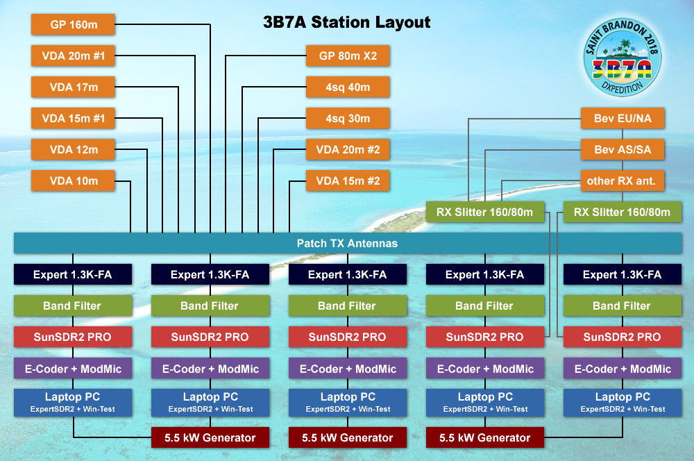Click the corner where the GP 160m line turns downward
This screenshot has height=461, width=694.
click(210, 25)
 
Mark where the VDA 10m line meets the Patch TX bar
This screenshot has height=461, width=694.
click(130, 233)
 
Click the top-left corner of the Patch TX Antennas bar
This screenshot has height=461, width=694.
click(14, 233)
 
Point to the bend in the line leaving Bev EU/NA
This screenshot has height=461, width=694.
click(468, 119)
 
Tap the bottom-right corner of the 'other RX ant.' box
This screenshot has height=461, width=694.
click(664, 191)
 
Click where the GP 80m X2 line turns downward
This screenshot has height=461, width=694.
click(226, 56)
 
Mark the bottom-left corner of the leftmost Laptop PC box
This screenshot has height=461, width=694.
click(14, 417)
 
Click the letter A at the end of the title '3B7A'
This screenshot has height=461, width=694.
click(299, 22)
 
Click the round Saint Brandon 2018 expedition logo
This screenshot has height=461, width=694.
click(623, 57)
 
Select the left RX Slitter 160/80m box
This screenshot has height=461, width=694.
click(484, 212)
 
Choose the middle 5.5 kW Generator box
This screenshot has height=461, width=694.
click(348, 437)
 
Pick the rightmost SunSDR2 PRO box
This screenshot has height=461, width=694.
click(623, 337)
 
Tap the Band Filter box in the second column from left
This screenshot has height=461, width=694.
click(210, 305)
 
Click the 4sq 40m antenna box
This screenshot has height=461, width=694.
click(348, 87)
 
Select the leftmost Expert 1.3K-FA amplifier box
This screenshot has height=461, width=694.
click(73, 274)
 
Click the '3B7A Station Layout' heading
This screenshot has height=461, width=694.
click(346, 22)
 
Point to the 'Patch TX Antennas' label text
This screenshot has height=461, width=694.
click(348, 243)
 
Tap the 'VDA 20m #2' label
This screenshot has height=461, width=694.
click(348, 150)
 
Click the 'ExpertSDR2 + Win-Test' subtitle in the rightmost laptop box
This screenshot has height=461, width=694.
click(623, 409)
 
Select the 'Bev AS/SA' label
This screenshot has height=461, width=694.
click(623, 150)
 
